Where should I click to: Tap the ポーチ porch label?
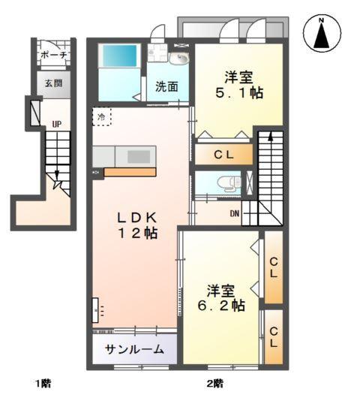54,55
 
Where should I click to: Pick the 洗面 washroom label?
167,86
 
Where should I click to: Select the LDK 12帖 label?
136,225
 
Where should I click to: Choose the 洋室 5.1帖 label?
240,84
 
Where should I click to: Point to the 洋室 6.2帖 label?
221,297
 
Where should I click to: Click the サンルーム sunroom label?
135,350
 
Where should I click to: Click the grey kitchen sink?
138,155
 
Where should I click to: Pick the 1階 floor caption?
42,384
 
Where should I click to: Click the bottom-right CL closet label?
274,336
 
